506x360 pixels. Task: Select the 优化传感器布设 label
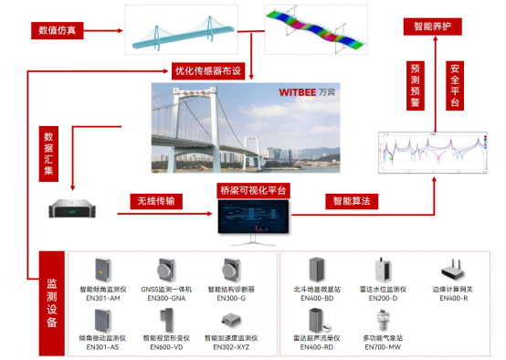point(207,71)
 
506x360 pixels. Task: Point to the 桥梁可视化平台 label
point(253,191)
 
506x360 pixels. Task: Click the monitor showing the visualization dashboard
point(253,220)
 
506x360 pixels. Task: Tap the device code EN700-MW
point(381,347)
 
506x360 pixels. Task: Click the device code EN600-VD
point(163,347)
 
